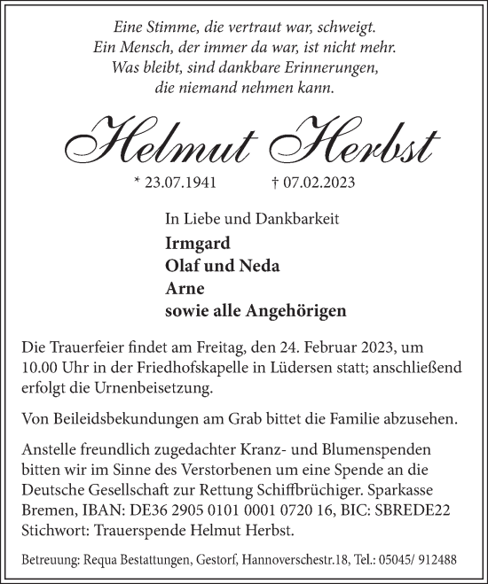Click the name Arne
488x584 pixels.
pyautogui.click(x=181, y=289)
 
